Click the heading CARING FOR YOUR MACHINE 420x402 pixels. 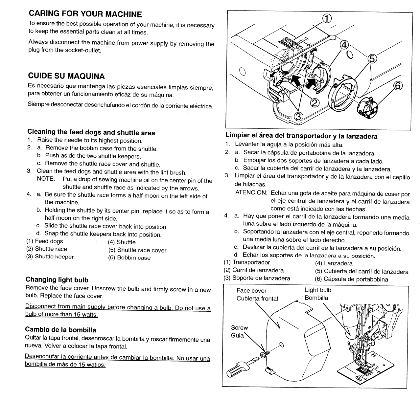[x=85, y=14]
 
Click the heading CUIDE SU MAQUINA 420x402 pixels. [x=66, y=76]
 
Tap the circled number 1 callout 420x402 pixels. [x=327, y=19]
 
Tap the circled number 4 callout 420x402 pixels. [x=344, y=45]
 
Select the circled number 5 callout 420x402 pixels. [x=371, y=59]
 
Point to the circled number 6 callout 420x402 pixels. [x=397, y=86]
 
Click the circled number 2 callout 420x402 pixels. [x=315, y=103]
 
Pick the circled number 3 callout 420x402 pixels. [x=298, y=116]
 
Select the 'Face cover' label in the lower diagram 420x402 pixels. [x=251, y=291]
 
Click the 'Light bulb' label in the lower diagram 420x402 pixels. [x=318, y=290]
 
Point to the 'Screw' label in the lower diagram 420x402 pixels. [x=240, y=328]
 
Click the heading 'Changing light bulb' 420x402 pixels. [x=57, y=280]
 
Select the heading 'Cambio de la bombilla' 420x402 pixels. [x=61, y=330]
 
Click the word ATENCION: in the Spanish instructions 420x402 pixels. [x=251, y=192]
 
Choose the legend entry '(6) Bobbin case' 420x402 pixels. [x=129, y=258]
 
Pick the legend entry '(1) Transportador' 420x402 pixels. [x=246, y=262]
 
